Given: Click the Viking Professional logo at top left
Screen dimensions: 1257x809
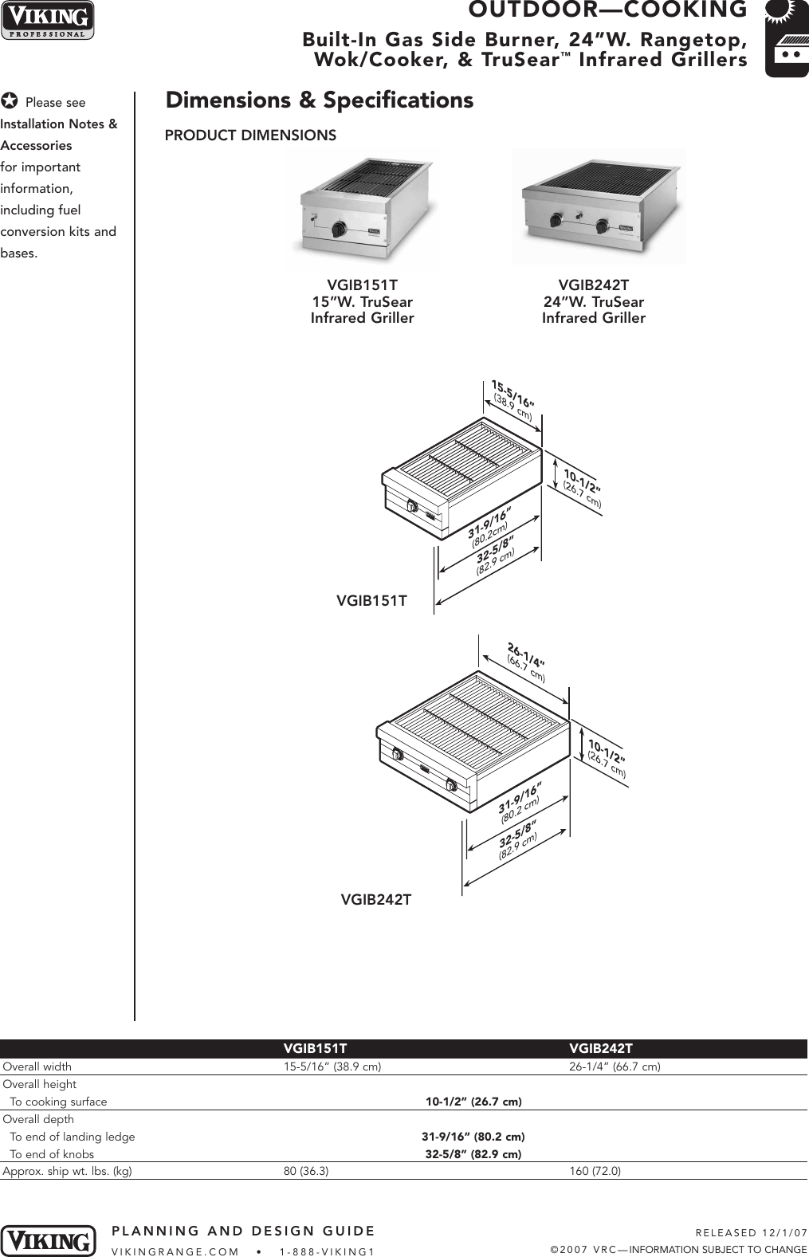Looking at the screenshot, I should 47,21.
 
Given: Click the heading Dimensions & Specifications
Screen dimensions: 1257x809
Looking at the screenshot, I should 319,100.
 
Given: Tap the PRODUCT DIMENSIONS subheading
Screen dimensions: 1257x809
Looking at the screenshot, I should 250,136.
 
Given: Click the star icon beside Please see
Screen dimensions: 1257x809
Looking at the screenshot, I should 10,101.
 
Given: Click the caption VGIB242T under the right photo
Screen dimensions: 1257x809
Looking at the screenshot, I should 593,285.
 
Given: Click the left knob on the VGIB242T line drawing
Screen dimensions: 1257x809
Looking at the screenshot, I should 396,755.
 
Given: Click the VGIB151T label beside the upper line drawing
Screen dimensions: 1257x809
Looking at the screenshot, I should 371,601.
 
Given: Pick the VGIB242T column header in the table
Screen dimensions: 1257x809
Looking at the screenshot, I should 600,1048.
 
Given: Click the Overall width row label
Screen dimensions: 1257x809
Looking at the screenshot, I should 37,1066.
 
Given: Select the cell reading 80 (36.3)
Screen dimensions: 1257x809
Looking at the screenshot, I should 306,1171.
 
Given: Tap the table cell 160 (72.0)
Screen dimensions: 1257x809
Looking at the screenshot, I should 595,1171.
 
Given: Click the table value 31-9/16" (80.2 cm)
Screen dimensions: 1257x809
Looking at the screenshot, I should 473,1137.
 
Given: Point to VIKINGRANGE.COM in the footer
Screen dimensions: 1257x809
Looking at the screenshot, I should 175,1251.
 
